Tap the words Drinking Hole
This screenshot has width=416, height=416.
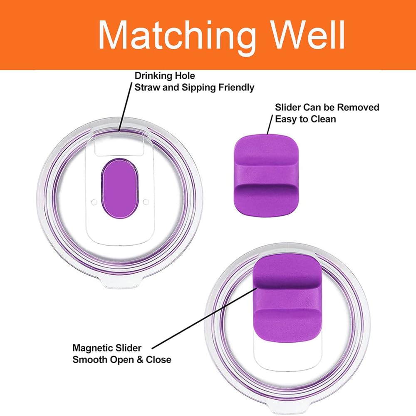pyautogui.click(x=165, y=76)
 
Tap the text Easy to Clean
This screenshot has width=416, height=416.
pyautogui.click(x=305, y=119)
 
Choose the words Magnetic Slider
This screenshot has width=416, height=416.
pyautogui.click(x=107, y=348)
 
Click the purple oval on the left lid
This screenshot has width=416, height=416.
pyautogui.click(x=120, y=188)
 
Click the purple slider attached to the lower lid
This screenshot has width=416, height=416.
pyautogui.click(x=287, y=297)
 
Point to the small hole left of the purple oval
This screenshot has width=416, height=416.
pyautogui.click(x=94, y=202)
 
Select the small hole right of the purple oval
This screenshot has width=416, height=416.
pyautogui.click(x=146, y=202)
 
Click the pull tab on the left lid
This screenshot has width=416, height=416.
pyautogui.click(x=120, y=282)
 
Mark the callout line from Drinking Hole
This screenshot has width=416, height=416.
pyautogui.click(x=125, y=107)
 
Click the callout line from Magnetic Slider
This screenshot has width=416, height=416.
pyautogui.click(x=204, y=318)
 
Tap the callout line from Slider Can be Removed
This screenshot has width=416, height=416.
pyautogui.click(x=270, y=125)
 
